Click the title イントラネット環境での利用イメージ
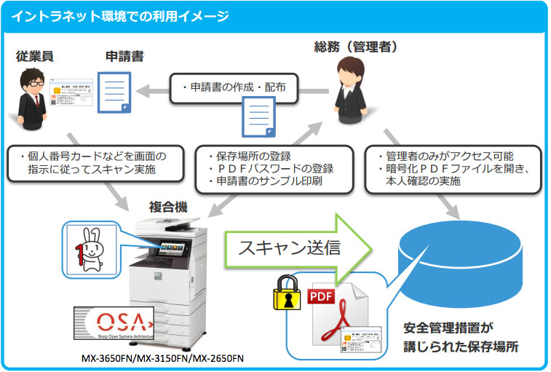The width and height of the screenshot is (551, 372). (120, 15)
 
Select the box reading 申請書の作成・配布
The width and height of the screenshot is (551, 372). (234, 87)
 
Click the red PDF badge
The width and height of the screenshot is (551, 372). (323, 296)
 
